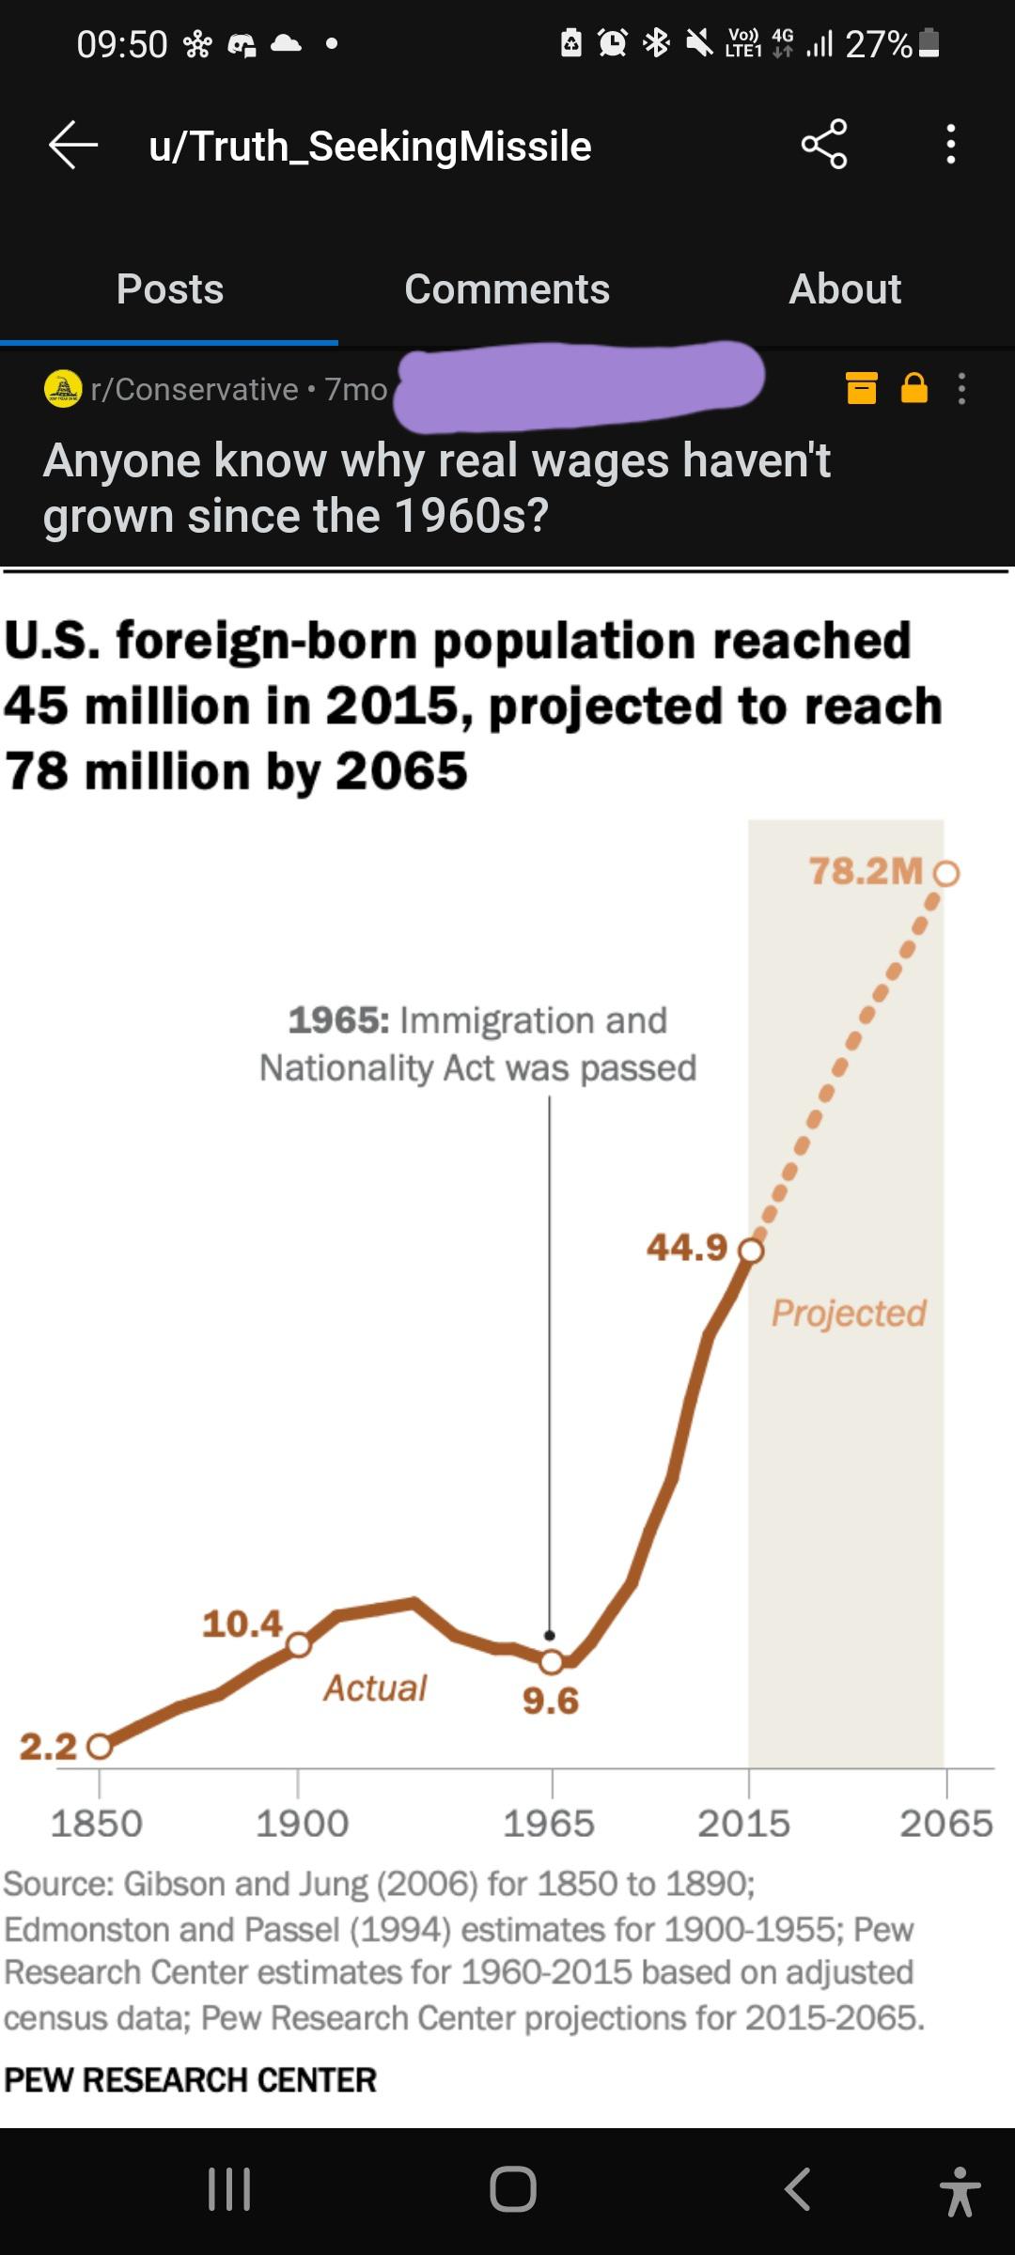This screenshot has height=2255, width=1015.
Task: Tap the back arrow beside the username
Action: click(73, 146)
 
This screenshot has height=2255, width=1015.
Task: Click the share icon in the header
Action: click(824, 145)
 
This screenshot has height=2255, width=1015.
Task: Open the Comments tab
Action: click(507, 288)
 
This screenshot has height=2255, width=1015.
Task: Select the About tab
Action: click(844, 288)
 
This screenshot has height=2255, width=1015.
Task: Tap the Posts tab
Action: click(170, 288)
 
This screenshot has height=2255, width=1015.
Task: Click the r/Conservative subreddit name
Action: click(194, 389)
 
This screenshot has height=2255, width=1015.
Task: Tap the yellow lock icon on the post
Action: click(913, 388)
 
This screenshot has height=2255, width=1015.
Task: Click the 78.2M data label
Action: click(866, 871)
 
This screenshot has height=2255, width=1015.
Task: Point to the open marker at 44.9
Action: click(751, 1251)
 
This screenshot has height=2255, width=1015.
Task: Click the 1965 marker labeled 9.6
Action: click(552, 1662)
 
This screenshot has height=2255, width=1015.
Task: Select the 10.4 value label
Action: click(242, 1624)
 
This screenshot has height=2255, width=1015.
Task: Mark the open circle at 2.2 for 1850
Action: click(100, 1747)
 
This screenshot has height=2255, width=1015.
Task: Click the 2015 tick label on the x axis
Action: click(743, 1824)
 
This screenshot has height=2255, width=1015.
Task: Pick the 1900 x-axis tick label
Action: click(302, 1824)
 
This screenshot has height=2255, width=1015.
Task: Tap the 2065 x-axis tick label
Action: click(945, 1824)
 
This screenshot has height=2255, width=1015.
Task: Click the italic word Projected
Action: click(849, 1313)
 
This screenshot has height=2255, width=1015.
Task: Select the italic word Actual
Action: click(375, 1687)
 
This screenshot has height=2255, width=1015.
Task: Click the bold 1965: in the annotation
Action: click(338, 1020)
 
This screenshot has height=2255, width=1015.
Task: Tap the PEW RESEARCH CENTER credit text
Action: click(191, 2079)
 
